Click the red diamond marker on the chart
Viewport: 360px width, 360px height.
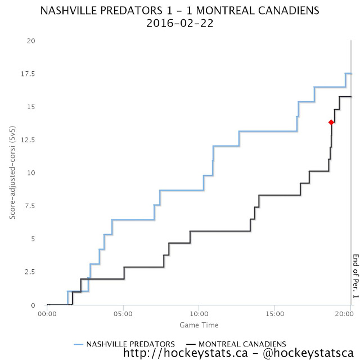click(331, 122)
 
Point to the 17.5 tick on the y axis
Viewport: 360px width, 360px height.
click(28, 74)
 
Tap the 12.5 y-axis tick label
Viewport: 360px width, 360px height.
click(28, 140)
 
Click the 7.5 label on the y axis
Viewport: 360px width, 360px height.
click(30, 206)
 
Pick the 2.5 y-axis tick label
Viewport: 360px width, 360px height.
click(30, 272)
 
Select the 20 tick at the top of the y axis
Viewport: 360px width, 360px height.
click(31, 41)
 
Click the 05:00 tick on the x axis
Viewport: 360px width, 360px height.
click(123, 314)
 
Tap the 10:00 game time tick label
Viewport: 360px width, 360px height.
click(199, 314)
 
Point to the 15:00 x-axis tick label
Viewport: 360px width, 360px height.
click(274, 314)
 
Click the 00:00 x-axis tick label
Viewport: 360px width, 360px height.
click(48, 314)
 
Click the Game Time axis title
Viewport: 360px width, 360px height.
click(199, 325)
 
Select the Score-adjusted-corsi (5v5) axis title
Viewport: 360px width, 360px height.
click(12, 173)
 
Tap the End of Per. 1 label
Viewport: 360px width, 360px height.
click(355, 276)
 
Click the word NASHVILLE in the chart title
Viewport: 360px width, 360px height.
click(85, 11)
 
